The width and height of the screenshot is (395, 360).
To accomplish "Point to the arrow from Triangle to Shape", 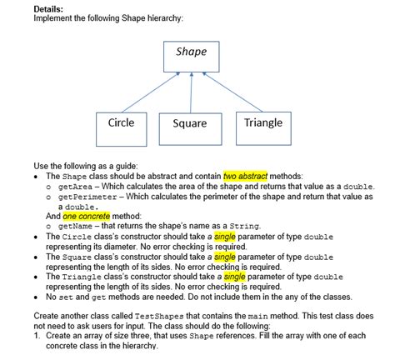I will (230, 92).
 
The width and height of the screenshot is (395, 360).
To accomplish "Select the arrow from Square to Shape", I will (192, 92).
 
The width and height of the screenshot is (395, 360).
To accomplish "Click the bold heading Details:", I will (49, 9).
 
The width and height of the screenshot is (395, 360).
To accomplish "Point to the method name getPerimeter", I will (87, 197).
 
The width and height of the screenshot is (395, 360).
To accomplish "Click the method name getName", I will (76, 226).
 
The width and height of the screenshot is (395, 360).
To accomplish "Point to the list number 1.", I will (36, 337).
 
